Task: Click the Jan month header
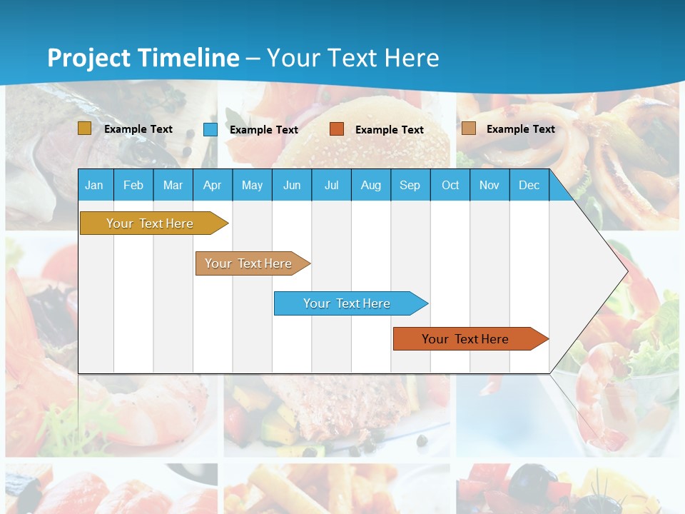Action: pos(94,185)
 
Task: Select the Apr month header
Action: pos(212,185)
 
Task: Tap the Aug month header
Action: pos(370,185)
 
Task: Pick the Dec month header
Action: pos(529,185)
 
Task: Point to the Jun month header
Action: pos(291,185)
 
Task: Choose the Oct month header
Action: pos(450,185)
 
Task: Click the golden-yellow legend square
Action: pos(84,128)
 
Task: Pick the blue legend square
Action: pos(210,129)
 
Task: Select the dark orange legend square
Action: pos(336,129)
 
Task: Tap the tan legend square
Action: pos(468,128)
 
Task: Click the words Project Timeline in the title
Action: pos(143,58)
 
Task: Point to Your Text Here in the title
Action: pos(352,58)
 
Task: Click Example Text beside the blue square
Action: pos(263,130)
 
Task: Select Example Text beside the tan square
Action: pos(520,129)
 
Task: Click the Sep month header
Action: pos(410,185)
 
